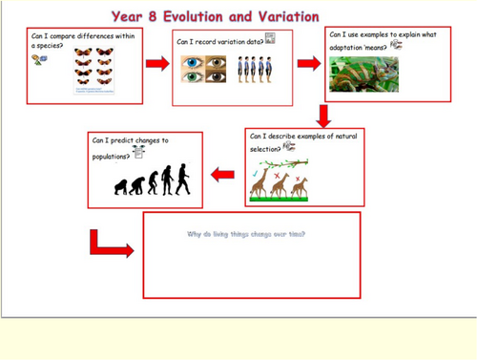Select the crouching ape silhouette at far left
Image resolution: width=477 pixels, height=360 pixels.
[x=122, y=187]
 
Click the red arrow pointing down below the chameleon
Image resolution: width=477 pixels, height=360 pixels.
[x=323, y=115]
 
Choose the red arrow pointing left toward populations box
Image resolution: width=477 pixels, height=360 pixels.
[x=222, y=174]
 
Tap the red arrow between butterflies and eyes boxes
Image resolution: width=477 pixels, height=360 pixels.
[x=155, y=64]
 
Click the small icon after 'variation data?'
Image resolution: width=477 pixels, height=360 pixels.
[x=270, y=39]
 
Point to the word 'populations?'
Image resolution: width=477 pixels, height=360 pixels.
[x=114, y=155]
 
